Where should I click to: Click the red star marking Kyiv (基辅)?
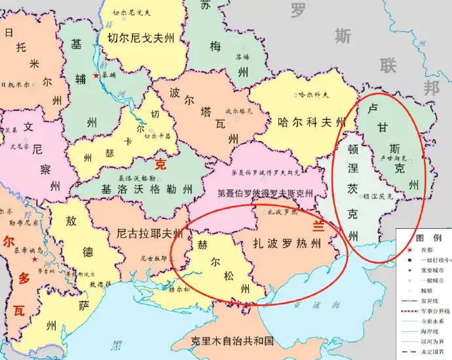pyautogui.click(x=96, y=77)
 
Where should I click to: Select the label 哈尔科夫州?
pyautogui.click(x=311, y=122)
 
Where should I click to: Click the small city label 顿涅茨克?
pyautogui.click(x=378, y=196)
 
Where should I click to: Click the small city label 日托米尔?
pyautogui.click(x=18, y=85)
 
